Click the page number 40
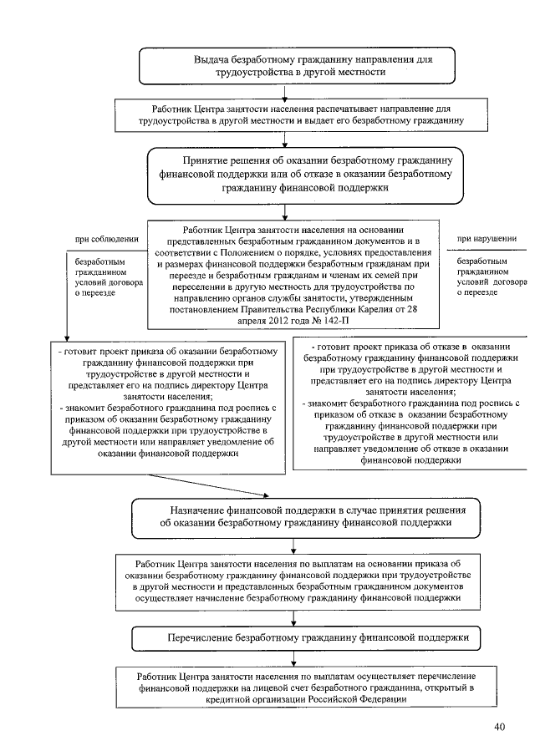tap(499, 727)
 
